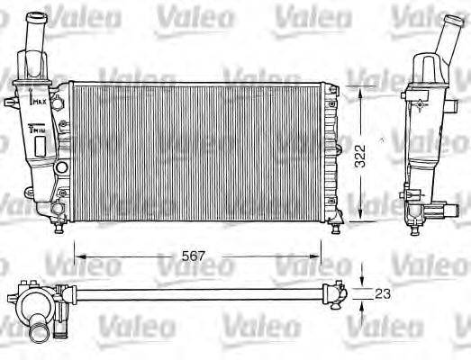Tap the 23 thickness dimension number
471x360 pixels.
pyautogui.click(x=384, y=293)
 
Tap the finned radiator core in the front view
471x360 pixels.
pyautogui.click(x=198, y=148)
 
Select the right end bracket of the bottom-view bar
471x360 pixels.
pyautogui.click(x=338, y=290)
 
